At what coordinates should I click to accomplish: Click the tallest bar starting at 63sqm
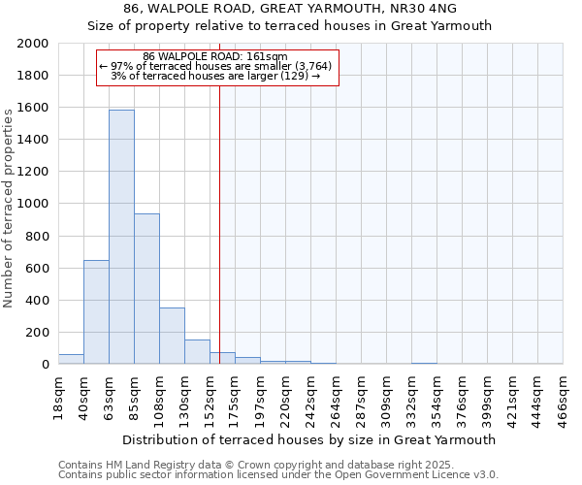point(121,238)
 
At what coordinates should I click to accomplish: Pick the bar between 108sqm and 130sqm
point(172,336)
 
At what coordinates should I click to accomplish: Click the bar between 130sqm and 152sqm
point(197,352)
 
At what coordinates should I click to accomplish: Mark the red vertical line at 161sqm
point(220,223)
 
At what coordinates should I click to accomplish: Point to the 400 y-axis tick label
point(38,301)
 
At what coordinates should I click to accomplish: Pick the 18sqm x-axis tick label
point(60,392)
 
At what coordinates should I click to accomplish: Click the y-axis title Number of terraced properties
point(9,207)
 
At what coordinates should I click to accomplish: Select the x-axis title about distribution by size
point(309,439)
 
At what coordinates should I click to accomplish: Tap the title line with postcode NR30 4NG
point(290,9)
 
